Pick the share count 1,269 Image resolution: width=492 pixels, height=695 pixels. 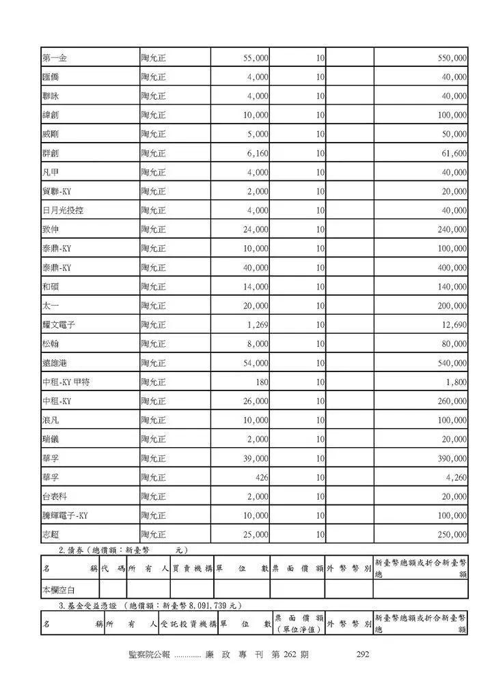click(257, 325)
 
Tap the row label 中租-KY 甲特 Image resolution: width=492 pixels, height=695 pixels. click(66, 382)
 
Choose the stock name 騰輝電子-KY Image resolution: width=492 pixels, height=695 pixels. click(65, 515)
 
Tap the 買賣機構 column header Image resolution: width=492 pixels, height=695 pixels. click(192, 568)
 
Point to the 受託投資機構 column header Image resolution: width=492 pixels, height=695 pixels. click(188, 624)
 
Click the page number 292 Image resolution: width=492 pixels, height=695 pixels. click(363, 655)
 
